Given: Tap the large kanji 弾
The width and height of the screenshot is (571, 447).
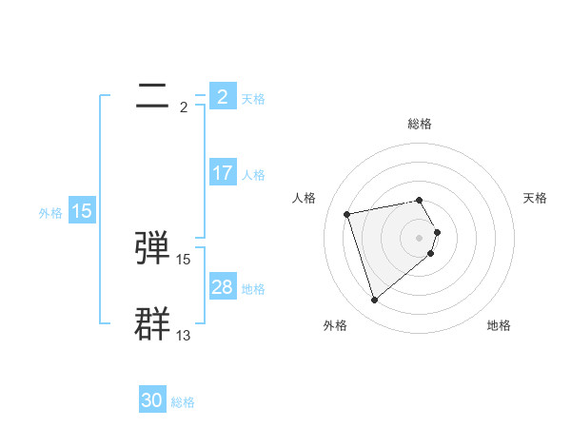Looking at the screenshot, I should click(154, 247).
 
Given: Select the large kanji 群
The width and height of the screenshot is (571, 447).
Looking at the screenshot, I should click(154, 322).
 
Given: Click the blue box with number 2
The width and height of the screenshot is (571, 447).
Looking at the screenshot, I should click(222, 96).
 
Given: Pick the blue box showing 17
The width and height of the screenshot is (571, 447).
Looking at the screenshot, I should click(222, 173).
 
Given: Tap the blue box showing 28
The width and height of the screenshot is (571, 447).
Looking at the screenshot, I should click(222, 287).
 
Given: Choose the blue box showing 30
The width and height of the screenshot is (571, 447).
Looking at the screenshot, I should click(152, 400).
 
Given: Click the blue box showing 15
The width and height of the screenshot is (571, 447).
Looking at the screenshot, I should click(82, 211).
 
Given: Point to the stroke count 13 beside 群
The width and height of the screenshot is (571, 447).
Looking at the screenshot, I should click(184, 335).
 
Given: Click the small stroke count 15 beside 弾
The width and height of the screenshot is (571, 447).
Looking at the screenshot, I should click(184, 259).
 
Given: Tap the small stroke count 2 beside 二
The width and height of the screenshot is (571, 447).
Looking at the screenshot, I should click(183, 107).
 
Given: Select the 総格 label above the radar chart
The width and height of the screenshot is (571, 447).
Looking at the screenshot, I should click(420, 124).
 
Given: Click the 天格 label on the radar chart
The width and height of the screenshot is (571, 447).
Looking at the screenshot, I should click(535, 198).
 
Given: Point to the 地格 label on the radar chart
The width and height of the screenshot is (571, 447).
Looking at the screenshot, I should click(499, 325).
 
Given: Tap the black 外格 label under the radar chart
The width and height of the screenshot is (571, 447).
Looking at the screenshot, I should click(335, 325).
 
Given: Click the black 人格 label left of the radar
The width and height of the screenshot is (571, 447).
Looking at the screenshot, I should click(305, 198).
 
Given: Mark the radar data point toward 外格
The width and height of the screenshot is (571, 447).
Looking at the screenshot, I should click(374, 301).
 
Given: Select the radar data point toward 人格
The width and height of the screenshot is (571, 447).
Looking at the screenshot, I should click(347, 213).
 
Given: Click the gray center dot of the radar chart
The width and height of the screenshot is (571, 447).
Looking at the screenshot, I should click(420, 237).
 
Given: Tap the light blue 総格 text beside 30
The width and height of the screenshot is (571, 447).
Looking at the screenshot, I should click(183, 402).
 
